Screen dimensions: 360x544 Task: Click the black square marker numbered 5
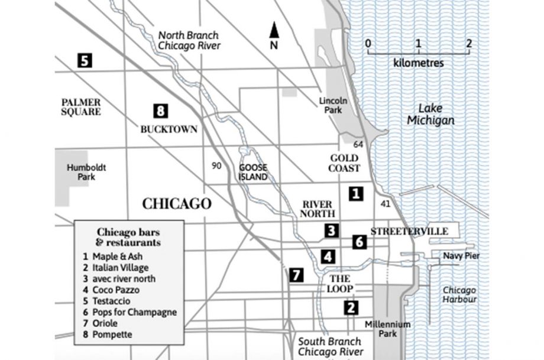click(85, 60)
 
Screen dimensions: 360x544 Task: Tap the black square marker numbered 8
click(160, 110)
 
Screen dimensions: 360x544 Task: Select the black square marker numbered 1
click(355, 193)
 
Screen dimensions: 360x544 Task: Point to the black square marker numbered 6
click(360, 241)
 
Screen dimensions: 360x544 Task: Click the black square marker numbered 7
click(296, 274)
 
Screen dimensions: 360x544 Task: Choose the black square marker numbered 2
click(351, 307)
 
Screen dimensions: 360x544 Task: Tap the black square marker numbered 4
click(328, 257)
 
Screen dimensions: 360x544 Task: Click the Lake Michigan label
click(436, 114)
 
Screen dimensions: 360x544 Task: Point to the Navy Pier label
click(461, 256)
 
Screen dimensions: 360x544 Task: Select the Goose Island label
click(254, 171)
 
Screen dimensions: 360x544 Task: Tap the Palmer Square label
click(81, 106)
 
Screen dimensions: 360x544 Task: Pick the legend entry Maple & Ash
click(116, 257)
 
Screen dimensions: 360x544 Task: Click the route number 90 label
click(216, 165)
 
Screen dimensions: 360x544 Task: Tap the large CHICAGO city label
click(177, 204)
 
